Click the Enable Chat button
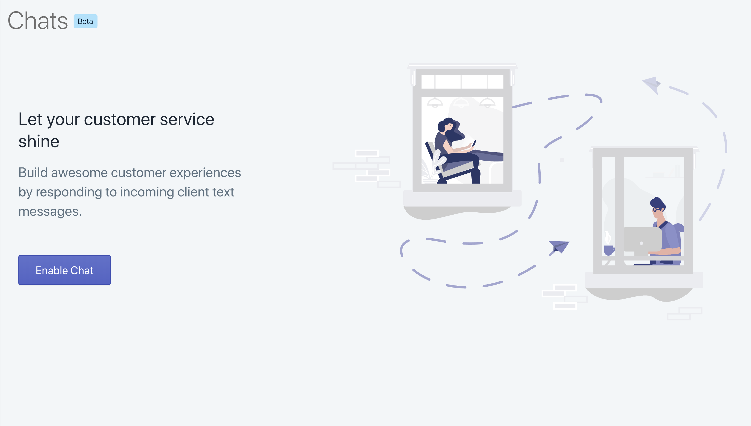(64, 270)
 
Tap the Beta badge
(85, 21)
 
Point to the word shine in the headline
(39, 142)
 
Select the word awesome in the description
(79, 173)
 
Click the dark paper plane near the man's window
(559, 247)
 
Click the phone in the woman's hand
(473, 143)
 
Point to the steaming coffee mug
(609, 250)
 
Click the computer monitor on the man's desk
(642, 239)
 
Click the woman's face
(449, 127)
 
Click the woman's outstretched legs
(488, 155)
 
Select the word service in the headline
(187, 119)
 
